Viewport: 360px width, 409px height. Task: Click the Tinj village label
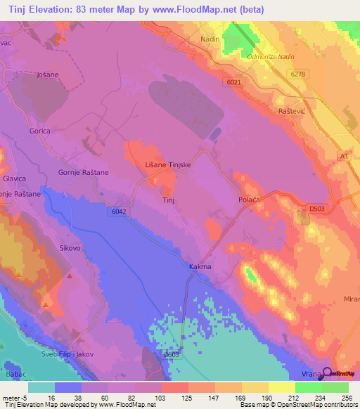168,200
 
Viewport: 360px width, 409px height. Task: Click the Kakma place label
200,267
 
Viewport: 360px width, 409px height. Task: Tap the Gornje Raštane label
83,172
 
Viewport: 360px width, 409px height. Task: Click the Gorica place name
40,131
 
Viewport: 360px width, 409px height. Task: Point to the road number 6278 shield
298,73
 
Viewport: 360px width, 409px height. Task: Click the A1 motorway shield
345,155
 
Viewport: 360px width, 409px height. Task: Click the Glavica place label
14,178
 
